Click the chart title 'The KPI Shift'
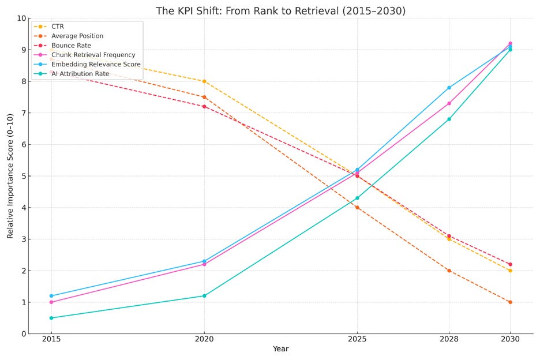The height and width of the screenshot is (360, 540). (280, 11)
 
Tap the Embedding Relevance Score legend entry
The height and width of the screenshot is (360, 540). (95, 65)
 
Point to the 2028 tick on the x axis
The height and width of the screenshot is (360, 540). (449, 339)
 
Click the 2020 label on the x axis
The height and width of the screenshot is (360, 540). (204, 339)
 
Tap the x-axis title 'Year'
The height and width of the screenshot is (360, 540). (280, 349)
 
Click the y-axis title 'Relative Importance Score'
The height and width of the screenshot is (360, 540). (10, 176)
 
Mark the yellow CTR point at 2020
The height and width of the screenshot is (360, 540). (204, 81)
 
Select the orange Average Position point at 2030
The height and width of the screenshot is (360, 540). (510, 302)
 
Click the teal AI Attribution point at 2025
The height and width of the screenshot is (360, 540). (357, 198)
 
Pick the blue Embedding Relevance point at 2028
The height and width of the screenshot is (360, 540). (449, 88)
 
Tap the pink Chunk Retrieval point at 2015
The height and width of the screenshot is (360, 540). (51, 302)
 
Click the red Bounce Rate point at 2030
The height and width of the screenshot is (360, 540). (510, 264)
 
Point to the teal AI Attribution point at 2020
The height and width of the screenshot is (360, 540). (204, 296)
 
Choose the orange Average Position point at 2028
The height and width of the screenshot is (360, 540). (449, 271)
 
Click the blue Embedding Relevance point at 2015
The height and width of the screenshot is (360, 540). (51, 296)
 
